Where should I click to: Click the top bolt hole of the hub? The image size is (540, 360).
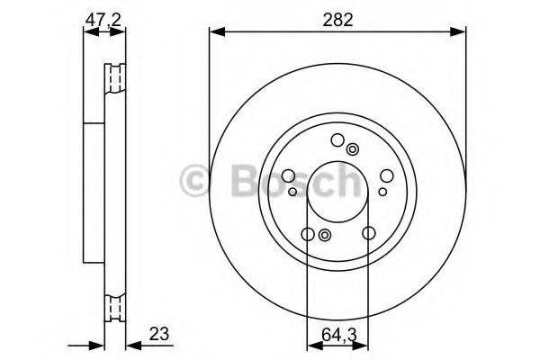(x=337, y=139)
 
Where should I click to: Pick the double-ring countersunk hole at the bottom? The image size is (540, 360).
(x=325, y=235)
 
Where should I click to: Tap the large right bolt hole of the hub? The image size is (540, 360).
(x=385, y=177)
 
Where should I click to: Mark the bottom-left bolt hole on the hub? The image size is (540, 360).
(x=307, y=235)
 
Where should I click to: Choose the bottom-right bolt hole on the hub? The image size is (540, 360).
(x=369, y=235)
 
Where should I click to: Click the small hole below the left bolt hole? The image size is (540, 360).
(x=293, y=191)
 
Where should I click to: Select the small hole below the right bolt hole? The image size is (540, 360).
(x=382, y=191)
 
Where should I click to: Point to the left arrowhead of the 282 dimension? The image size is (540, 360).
(x=214, y=34)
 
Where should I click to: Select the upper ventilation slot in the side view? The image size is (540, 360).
(x=114, y=78)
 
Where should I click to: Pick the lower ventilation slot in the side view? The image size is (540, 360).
(x=114, y=307)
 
